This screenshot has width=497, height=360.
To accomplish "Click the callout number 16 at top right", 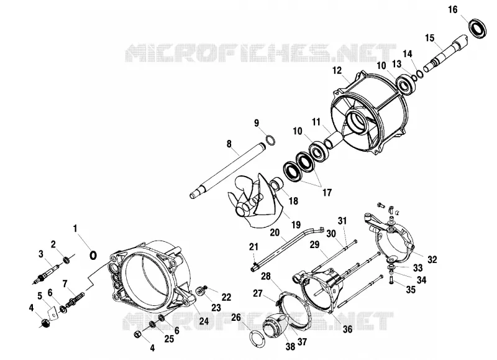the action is point(453,9).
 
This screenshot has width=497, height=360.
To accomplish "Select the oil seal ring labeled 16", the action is point(477,29).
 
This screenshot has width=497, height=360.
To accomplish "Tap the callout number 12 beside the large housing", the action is point(337,70).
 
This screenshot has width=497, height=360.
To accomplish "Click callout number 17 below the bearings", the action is point(327,192).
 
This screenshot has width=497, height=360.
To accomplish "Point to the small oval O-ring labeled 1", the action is point(93,256).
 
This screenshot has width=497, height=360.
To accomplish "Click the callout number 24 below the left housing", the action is point(204,321).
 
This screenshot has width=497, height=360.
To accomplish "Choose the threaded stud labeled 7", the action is point(75,300).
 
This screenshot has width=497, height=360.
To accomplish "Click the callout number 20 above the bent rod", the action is point(275,233).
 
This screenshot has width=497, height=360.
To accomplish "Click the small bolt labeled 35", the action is point(391,280).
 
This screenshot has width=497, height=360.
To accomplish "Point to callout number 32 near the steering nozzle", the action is point(432,259).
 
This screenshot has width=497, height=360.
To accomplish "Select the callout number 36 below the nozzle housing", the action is point(347,330).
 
